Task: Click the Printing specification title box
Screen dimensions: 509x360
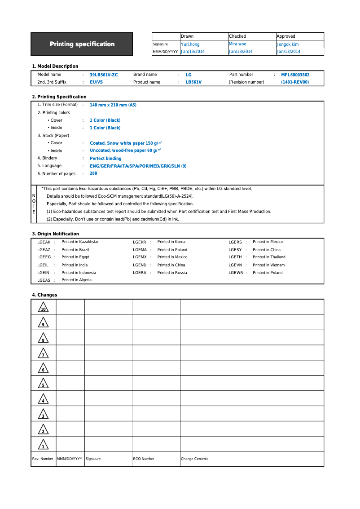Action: point(82,44)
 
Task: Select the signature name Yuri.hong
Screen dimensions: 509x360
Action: point(190,44)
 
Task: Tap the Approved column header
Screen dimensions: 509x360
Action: point(286,36)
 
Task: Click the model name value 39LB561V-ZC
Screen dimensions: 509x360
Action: point(104,75)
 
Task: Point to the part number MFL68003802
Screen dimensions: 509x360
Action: point(295,75)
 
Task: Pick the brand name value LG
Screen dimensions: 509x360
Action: point(189,75)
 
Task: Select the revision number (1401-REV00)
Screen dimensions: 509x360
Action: point(295,82)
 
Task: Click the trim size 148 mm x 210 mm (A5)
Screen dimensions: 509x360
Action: point(113,105)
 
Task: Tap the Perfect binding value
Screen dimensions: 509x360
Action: point(105,159)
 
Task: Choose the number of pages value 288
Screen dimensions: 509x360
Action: point(93,173)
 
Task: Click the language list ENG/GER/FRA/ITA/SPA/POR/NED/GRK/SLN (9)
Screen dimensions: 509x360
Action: point(138,166)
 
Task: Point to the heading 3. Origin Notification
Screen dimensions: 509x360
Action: point(55,234)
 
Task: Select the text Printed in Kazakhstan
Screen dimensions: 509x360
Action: point(80,242)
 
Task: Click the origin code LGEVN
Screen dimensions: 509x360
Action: point(235,265)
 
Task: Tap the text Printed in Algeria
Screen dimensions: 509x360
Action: point(76,280)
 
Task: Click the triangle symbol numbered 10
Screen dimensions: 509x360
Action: point(44,308)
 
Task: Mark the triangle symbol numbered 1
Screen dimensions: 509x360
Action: point(43,445)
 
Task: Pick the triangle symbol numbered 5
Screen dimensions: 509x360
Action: point(43,384)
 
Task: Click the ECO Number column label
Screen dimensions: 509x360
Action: point(144,459)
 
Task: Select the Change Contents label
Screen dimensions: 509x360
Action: point(194,459)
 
